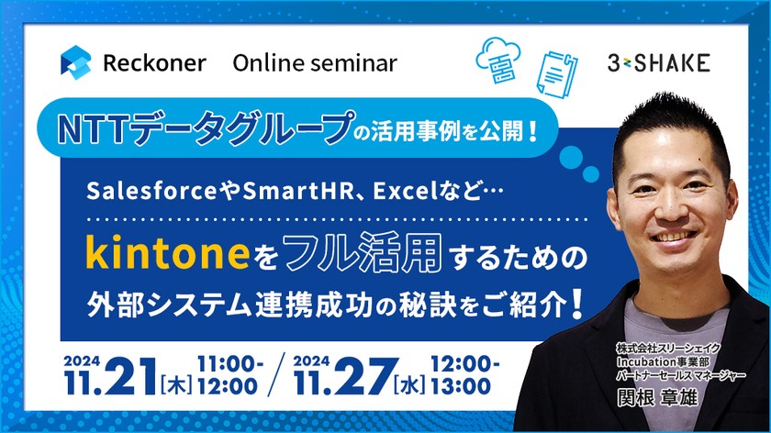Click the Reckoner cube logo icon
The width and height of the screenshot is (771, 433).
coord(75,62)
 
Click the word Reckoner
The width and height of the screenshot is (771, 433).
coord(154,63)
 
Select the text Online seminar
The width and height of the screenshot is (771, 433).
coord(315,63)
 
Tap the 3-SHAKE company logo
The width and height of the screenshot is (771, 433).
coord(659,63)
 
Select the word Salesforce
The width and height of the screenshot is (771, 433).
coord(139,191)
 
